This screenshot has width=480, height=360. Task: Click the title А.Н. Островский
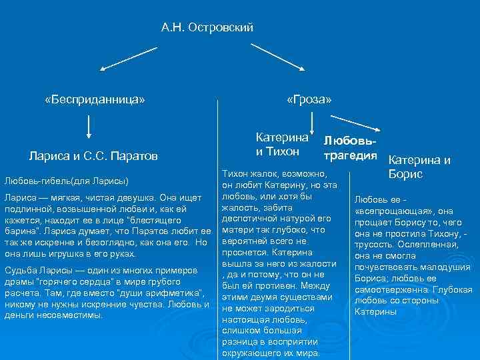pos(207,27)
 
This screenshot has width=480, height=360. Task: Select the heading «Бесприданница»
pos(94,99)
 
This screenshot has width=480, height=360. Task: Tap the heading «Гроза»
pos(309,99)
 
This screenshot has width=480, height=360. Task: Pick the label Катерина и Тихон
pos(282,145)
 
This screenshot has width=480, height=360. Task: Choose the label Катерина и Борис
pos(419,167)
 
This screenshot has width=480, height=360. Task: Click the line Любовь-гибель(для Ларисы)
pos(67,181)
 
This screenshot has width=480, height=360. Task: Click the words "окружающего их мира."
pos(271,353)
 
